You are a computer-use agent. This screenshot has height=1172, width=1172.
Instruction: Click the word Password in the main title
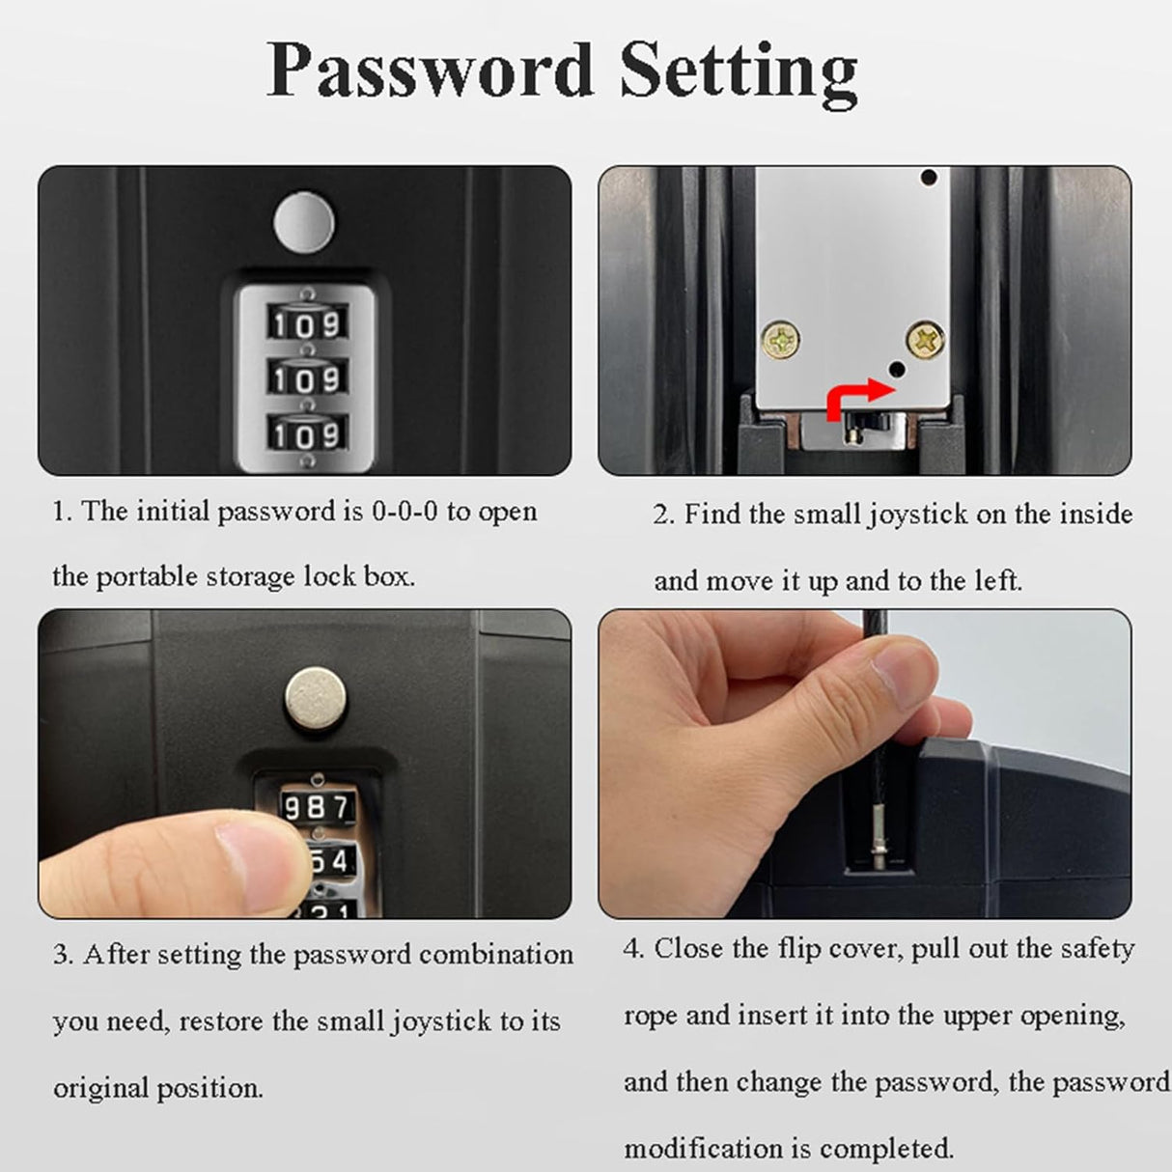tap(430, 70)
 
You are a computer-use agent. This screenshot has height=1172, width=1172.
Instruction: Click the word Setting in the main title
tap(739, 75)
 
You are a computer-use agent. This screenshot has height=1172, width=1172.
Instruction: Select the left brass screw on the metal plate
tap(780, 340)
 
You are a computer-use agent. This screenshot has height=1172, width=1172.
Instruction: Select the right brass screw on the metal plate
tap(925, 338)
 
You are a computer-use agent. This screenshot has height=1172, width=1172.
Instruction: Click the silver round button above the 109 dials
tap(304, 222)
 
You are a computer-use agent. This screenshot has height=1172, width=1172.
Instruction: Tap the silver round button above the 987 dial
tap(317, 698)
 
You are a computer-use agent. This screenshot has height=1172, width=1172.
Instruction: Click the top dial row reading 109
tap(307, 323)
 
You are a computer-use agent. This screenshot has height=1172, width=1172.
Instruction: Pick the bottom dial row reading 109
tap(307, 434)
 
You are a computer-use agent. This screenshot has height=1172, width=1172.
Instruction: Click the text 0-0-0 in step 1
tap(405, 511)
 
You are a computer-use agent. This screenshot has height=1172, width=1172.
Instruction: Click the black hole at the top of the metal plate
tap(929, 178)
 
